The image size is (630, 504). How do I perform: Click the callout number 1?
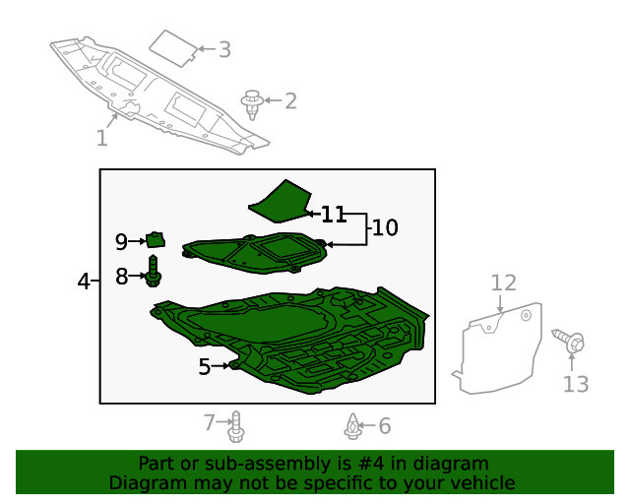101,138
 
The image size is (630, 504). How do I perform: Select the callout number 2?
289,100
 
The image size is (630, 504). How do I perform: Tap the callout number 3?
224,49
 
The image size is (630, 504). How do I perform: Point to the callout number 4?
84,283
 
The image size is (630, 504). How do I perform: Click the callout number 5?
205,367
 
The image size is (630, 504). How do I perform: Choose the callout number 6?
385,426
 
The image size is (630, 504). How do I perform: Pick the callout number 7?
210,423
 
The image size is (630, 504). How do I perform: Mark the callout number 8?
122,277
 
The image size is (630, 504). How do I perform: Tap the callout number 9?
122,241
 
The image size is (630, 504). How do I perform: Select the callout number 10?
385,228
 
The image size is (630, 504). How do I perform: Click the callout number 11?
334,214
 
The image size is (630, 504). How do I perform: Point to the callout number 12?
503,283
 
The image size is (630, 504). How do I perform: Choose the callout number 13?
576,384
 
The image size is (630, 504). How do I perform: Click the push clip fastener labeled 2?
254,102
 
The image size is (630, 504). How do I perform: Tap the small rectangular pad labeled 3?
173,46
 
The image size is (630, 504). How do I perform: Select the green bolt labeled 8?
154,272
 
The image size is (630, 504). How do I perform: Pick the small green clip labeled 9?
155,238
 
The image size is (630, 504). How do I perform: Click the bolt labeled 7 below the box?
235,427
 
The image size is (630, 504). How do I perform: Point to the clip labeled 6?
353,426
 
